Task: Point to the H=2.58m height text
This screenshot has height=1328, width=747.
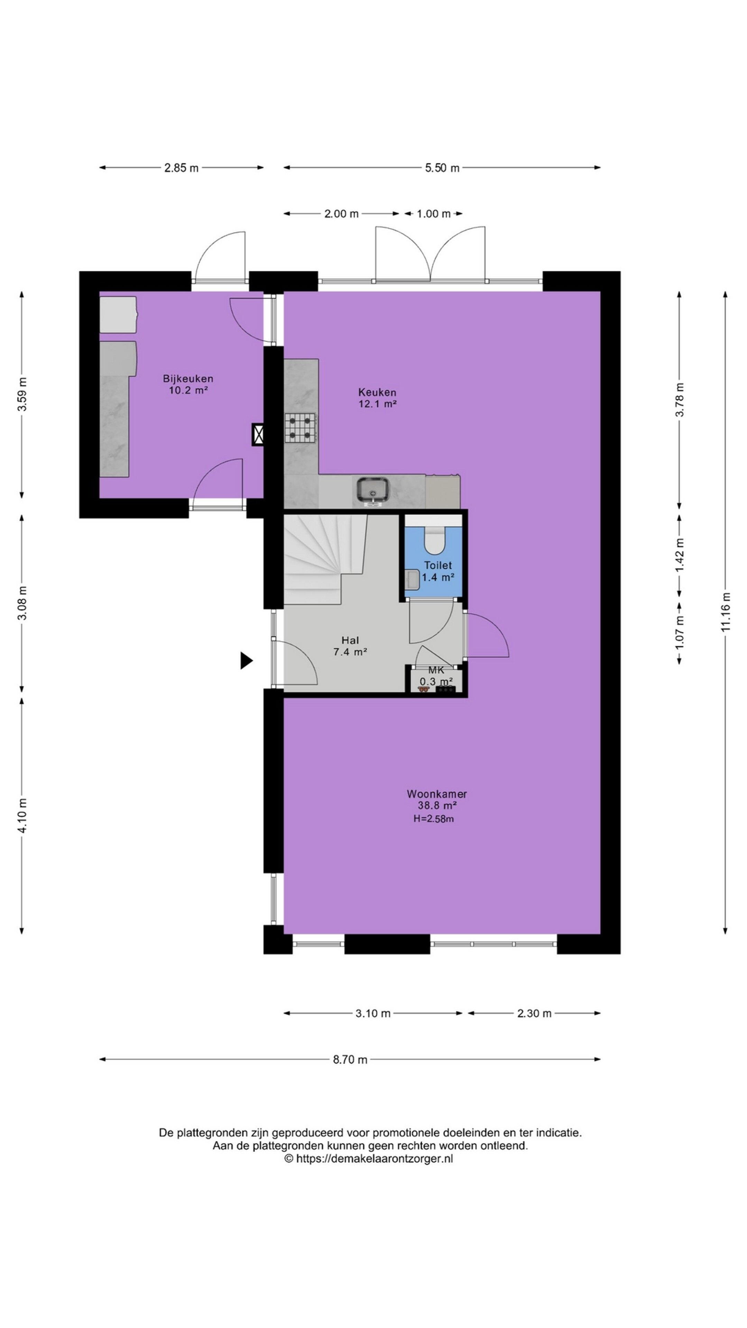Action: point(433,819)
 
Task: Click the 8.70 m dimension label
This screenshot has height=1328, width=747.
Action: point(350,1059)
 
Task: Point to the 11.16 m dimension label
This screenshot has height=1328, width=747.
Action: point(725,612)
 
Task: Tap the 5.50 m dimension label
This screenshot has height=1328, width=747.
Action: point(442,167)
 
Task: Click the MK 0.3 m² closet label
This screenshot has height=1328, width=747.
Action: point(436,676)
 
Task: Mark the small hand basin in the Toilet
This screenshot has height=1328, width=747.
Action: point(412,579)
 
